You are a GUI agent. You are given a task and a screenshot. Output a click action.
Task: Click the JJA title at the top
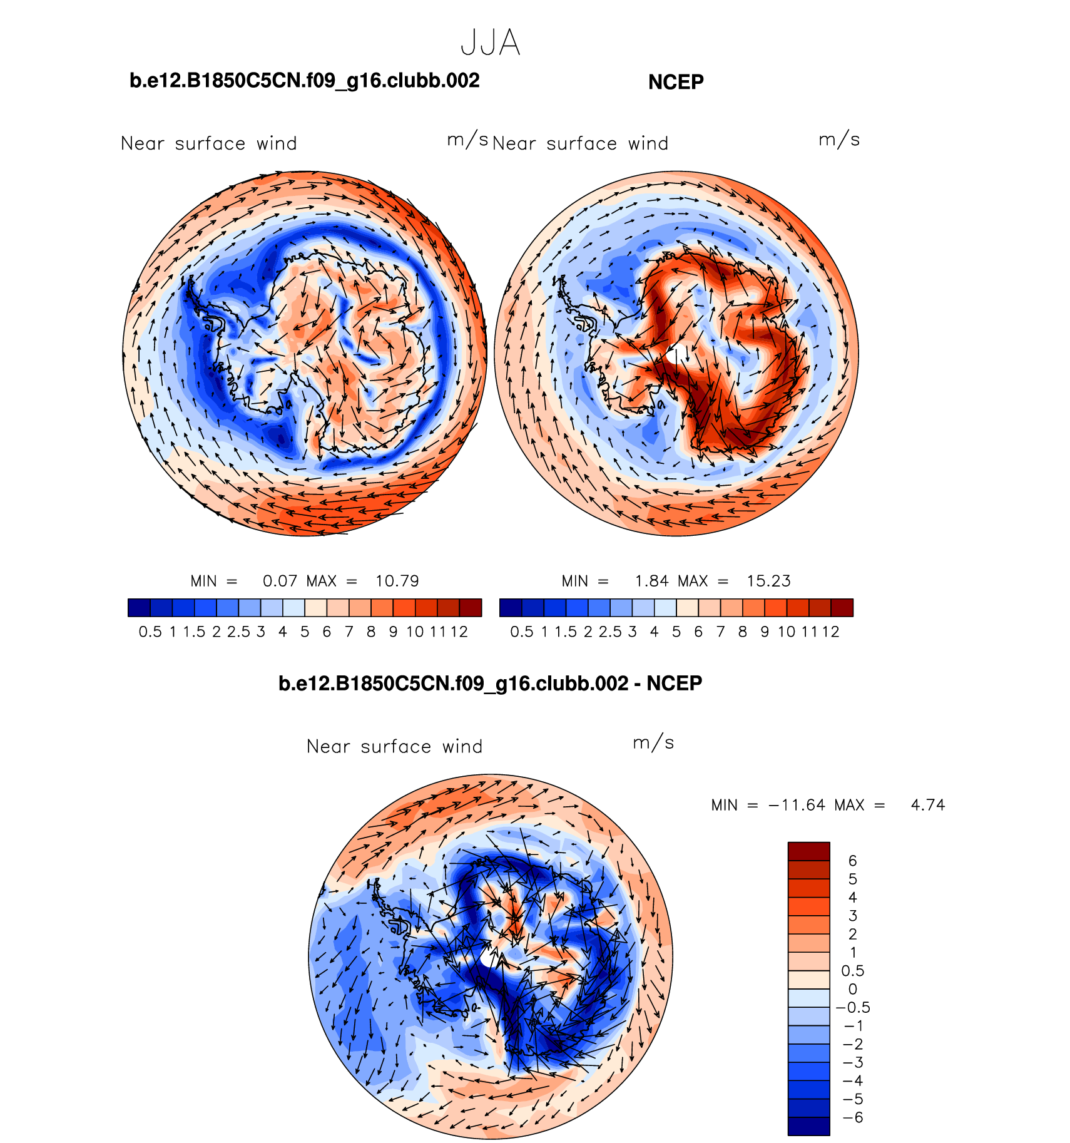(x=490, y=43)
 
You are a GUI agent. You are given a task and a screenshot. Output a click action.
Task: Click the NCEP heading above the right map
(x=676, y=82)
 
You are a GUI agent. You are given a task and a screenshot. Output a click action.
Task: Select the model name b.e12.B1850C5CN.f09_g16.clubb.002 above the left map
(x=304, y=81)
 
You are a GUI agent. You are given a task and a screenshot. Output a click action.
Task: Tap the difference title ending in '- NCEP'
(x=490, y=683)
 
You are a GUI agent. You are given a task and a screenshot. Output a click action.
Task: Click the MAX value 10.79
(x=397, y=581)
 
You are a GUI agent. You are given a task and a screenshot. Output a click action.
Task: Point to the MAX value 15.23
(x=768, y=581)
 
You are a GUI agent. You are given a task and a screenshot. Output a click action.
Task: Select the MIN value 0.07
(x=280, y=581)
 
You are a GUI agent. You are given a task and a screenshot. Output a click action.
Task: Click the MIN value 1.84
(x=651, y=581)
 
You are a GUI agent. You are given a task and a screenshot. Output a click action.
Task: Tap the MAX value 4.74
(x=928, y=805)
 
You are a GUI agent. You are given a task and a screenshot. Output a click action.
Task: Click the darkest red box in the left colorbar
(x=470, y=608)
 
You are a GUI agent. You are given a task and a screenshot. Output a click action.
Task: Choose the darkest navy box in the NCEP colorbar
(x=511, y=608)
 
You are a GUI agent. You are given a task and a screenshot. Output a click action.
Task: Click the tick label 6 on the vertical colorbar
(x=852, y=861)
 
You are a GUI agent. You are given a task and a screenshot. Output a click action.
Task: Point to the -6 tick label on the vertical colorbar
(x=852, y=1117)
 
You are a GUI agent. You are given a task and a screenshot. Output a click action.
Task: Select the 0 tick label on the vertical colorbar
(x=852, y=989)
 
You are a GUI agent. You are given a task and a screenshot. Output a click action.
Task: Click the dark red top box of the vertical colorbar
(x=808, y=851)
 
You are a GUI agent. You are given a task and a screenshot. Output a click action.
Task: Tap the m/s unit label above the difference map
(x=653, y=743)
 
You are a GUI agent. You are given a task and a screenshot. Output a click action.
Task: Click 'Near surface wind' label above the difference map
(x=394, y=746)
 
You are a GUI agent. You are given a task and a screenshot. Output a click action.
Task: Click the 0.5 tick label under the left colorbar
(x=150, y=632)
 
